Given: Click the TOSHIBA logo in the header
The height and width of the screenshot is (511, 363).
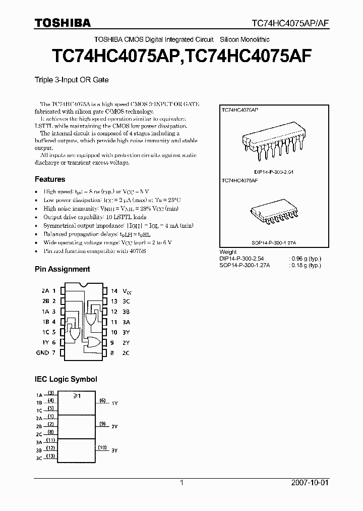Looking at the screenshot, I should pos(63,22).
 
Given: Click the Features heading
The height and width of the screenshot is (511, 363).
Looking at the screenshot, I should pos(50,179).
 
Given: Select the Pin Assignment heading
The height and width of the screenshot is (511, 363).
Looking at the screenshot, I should pos(62,269).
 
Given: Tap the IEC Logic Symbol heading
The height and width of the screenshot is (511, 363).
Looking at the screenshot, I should pos(66,379).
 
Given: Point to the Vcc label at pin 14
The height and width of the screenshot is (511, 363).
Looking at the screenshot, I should pos(128,291).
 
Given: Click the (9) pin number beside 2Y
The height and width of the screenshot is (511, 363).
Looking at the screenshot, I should pos(102,424).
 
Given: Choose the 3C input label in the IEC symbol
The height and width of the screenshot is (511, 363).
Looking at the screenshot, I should pos(39,458).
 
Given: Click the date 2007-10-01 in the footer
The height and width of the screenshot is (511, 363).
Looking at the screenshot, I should pos(310,483).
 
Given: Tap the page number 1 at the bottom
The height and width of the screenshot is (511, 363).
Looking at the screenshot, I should pos(182,483).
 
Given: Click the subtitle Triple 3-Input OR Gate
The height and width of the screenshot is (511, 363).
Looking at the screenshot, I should pos(71,80).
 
